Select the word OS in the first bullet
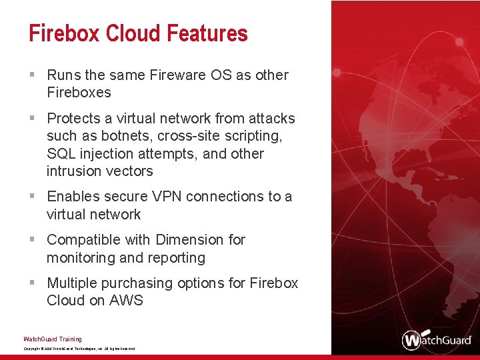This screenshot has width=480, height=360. pos(220,75)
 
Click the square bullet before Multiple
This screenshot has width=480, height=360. pos(33,283)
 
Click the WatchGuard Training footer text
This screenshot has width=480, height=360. pos(53,339)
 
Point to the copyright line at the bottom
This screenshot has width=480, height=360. pos(79,349)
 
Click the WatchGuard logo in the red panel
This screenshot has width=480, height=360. pos(436,339)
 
